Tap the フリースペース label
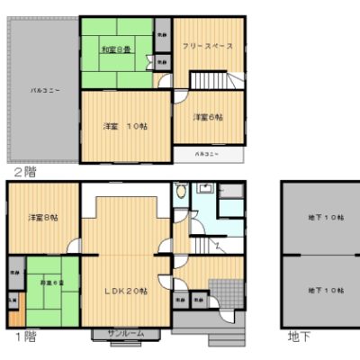click(x=207, y=45)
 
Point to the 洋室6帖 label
click(x=208, y=116)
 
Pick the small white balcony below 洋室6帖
click(x=208, y=154)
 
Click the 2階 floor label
click(x=24, y=170)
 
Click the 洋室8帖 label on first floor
click(x=42, y=218)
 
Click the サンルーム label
click(x=125, y=334)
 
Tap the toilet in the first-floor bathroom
click(x=183, y=192)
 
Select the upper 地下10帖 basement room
click(x=321, y=219)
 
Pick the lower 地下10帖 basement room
click(x=321, y=291)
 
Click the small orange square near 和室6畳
click(x=15, y=317)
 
